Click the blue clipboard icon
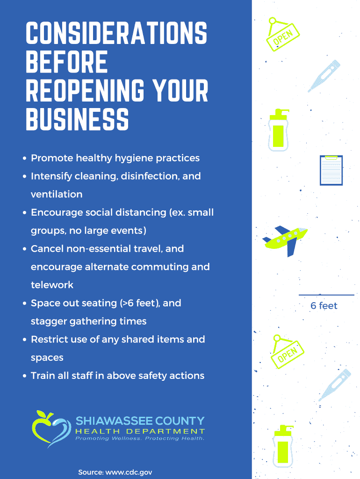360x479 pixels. point(331,170)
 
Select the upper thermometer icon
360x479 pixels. point(322,76)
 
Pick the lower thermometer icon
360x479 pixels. point(334,385)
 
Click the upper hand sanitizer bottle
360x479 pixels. point(279,131)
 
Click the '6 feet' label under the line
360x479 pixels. point(324,306)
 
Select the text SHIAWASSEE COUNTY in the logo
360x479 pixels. point(140,420)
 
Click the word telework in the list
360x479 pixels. point(52,285)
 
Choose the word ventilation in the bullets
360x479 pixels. point(57,194)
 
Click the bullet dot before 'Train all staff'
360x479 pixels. point(24,376)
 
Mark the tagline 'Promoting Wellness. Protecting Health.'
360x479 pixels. point(140,439)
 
